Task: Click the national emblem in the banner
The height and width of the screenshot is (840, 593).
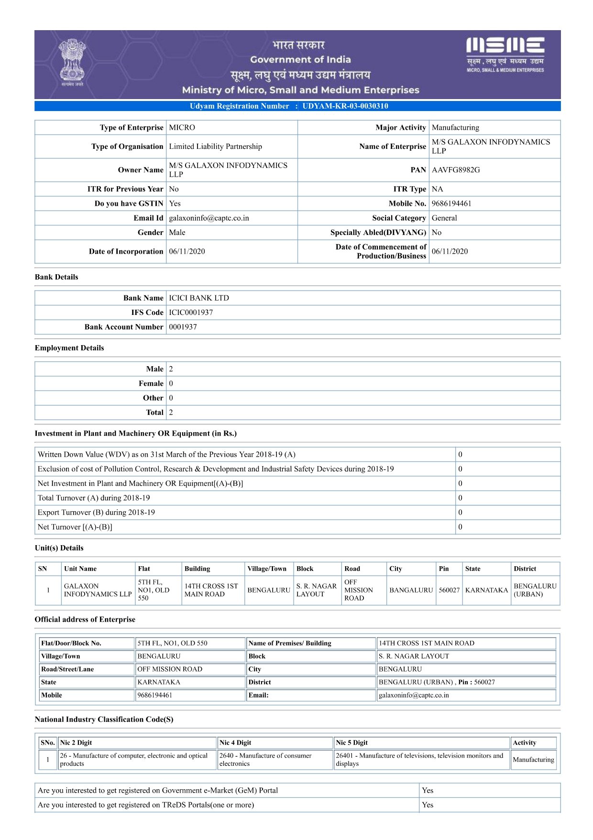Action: (72, 62)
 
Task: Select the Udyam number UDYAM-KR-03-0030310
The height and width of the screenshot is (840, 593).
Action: (345, 106)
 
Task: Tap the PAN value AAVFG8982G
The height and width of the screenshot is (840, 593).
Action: (456, 170)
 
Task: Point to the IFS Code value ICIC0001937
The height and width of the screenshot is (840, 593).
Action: (191, 313)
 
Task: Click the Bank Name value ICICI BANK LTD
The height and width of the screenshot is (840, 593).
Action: (199, 298)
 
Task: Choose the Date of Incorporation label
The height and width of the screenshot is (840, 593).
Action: (126, 251)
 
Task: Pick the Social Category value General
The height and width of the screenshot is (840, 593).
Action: (444, 218)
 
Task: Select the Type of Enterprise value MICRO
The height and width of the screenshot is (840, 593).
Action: (182, 128)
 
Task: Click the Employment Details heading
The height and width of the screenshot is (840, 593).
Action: (69, 348)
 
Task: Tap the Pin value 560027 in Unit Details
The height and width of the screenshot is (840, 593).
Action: (449, 590)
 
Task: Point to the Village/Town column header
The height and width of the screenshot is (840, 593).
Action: (267, 569)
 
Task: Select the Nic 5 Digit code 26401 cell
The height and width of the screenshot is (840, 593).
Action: (421, 760)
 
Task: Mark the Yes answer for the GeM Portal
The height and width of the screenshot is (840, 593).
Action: (428, 791)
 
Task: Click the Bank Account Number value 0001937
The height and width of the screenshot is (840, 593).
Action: (183, 327)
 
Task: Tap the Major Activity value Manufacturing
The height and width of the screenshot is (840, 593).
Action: (455, 128)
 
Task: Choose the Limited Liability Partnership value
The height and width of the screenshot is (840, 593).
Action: (215, 146)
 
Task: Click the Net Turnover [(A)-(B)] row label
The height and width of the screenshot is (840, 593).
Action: (75, 527)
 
